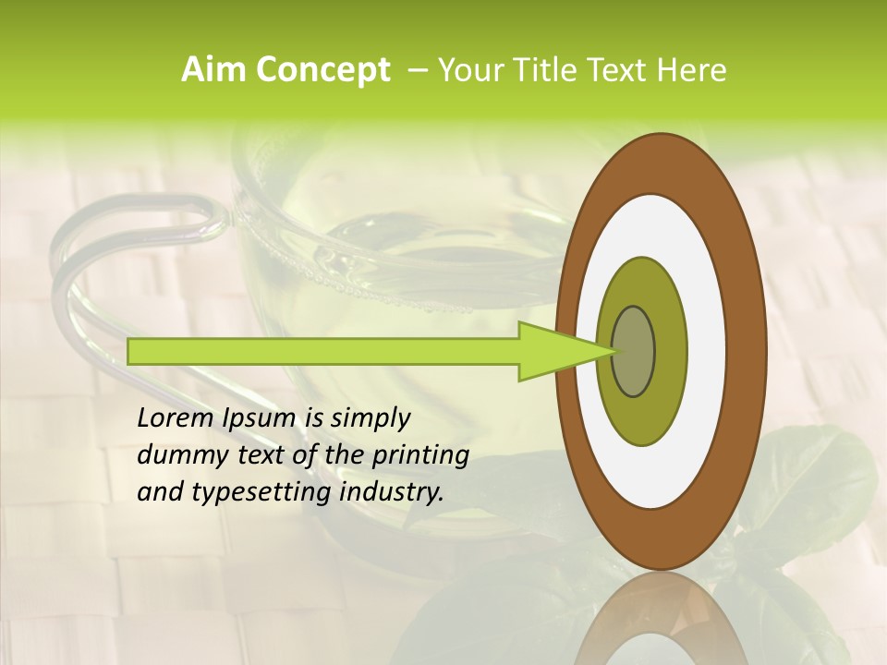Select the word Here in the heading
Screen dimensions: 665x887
tap(692, 70)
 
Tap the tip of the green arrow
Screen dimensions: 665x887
tap(614, 352)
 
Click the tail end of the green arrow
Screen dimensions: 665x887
tap(131, 352)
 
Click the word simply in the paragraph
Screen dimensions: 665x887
tap(369, 418)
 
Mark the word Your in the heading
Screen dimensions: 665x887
tap(467, 70)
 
